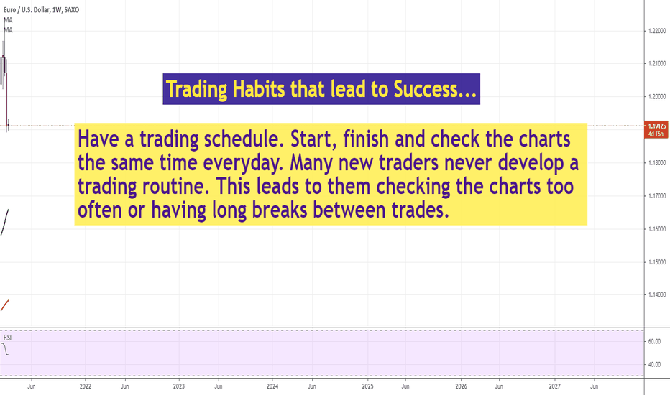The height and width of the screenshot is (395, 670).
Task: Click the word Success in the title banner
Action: (425, 89)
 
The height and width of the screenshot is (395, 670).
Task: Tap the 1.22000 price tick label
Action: (657, 31)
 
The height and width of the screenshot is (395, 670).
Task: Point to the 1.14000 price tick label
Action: (657, 294)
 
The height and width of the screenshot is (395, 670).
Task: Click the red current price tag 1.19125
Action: (657, 129)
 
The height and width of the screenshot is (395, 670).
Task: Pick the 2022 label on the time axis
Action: (86, 386)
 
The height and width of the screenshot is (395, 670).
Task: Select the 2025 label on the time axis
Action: (367, 386)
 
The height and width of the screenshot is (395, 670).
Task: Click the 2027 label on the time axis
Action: (555, 386)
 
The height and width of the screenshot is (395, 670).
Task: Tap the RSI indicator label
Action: (7, 338)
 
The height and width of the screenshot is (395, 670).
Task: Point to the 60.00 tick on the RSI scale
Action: (655, 341)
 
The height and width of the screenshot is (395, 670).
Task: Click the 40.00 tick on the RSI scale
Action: (655, 364)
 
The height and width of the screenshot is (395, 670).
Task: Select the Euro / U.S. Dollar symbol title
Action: (27, 9)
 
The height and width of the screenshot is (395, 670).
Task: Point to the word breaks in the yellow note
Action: (280, 210)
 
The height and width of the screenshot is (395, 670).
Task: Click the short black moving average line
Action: (5, 222)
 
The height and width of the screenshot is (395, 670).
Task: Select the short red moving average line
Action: (5, 305)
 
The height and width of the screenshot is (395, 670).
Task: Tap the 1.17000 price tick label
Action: (657, 196)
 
